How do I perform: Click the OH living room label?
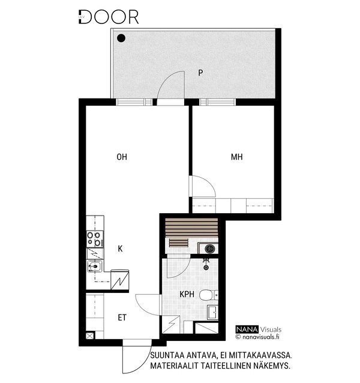point(122,157)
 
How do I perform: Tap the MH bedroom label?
point(237,157)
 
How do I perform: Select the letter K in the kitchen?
point(120,249)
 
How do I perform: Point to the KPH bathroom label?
point(187,294)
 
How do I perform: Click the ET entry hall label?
point(122,318)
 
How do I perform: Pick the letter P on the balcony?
point(200,73)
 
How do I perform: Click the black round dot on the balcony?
point(121,38)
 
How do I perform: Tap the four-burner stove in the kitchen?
point(95,239)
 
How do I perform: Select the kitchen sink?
point(95,267)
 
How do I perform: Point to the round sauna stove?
point(210,249)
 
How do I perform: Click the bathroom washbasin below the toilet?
point(212,312)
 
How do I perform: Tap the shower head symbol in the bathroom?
point(206,264)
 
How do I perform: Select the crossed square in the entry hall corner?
point(90,336)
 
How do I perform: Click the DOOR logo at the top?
point(109,17)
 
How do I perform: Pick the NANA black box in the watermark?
point(247,329)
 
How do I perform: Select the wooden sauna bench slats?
point(191,228)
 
